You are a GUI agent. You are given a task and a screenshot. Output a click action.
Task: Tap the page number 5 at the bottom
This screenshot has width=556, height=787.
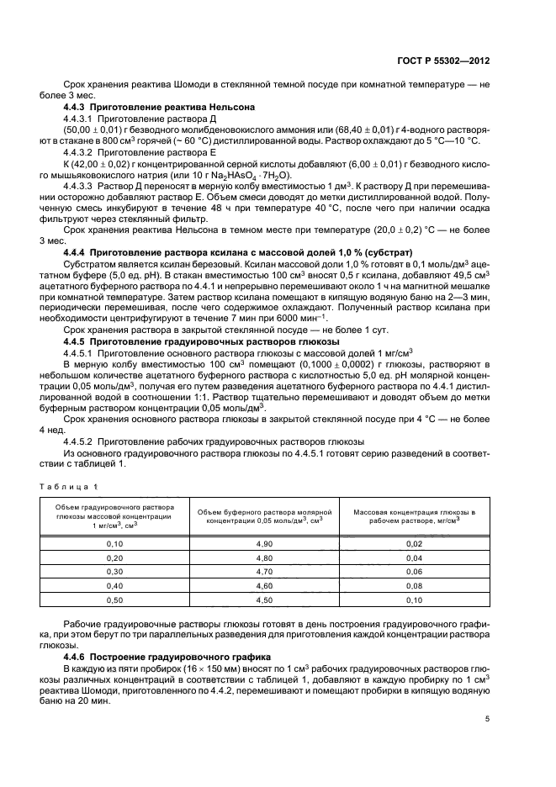488,720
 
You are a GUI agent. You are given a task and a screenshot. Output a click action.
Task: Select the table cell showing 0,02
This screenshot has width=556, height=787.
414,544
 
